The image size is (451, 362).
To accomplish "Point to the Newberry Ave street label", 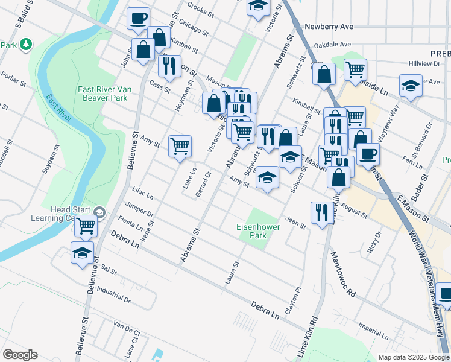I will click(329, 27).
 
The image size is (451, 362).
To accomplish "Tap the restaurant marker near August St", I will click(320, 212).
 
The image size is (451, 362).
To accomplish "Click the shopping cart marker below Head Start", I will click(86, 226).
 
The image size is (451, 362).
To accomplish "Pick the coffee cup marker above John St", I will click(138, 18).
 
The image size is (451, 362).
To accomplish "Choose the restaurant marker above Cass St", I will click(169, 66).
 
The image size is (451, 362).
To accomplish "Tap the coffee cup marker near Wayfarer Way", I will click(368, 153).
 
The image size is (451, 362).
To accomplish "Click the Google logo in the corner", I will click(20, 355).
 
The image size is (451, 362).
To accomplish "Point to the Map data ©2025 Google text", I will click(413, 357).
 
